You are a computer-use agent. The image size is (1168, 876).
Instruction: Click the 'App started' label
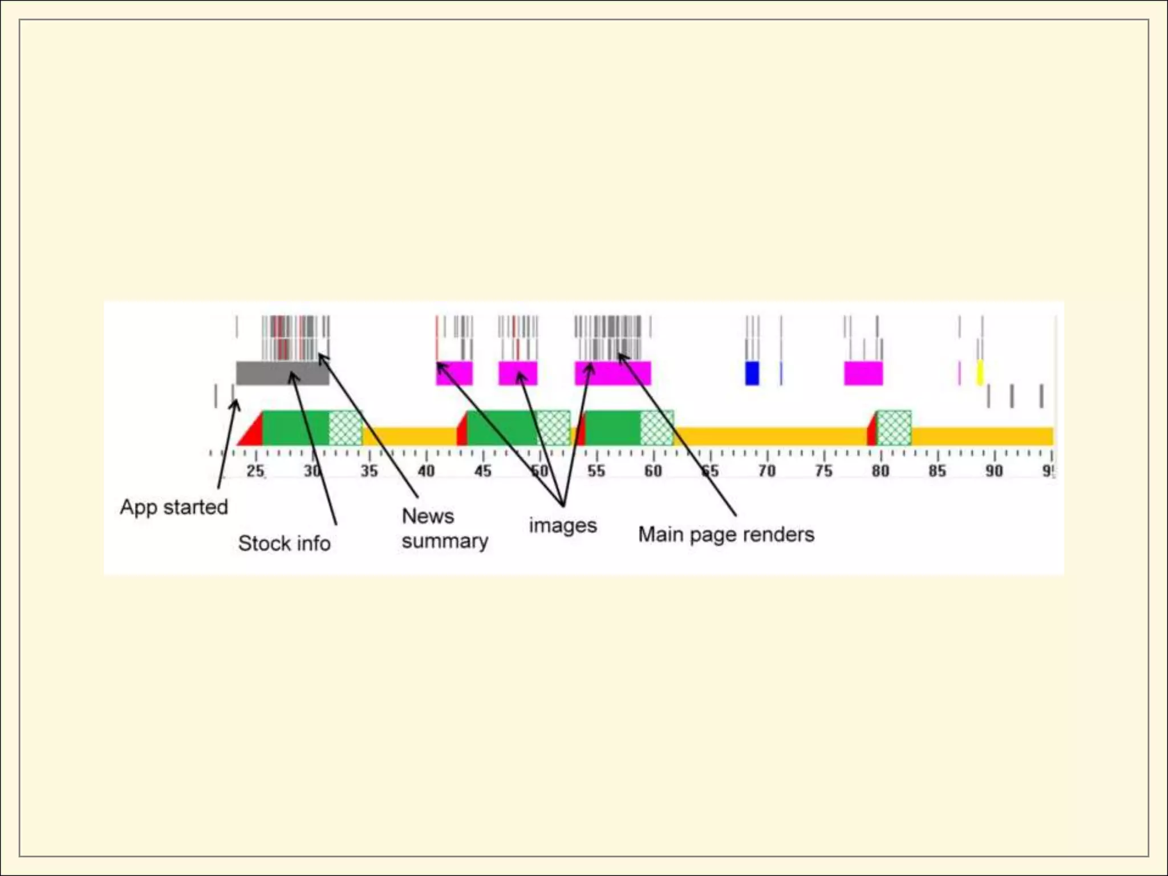tap(173, 507)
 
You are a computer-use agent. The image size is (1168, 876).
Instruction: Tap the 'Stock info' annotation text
tap(284, 544)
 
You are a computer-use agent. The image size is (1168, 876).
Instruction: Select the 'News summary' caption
tap(444, 529)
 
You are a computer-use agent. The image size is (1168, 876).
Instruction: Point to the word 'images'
tap(562, 525)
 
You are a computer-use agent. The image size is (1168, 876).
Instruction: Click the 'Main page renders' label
tap(726, 535)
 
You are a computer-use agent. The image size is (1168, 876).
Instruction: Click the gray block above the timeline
tap(282, 373)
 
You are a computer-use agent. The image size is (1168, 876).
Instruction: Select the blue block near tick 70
tap(752, 373)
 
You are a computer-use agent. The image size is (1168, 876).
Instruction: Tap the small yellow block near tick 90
tap(980, 372)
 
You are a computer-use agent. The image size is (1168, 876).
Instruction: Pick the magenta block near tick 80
tap(863, 373)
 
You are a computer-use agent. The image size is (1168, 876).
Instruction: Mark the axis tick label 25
tap(255, 471)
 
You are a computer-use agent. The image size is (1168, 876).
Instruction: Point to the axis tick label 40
tap(426, 471)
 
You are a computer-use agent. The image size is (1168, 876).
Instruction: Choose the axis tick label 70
tap(766, 471)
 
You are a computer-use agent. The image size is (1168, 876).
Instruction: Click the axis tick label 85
tap(937, 471)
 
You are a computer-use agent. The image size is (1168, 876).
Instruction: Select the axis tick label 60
tap(653, 471)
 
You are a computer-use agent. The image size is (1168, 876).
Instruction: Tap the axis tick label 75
tap(824, 471)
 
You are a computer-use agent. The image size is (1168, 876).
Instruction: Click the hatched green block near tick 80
tap(894, 428)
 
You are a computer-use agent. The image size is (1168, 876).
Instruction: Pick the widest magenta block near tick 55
tap(613, 373)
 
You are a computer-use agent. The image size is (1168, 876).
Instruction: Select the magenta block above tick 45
tap(455, 373)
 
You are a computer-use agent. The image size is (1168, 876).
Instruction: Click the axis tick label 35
tap(369, 471)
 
